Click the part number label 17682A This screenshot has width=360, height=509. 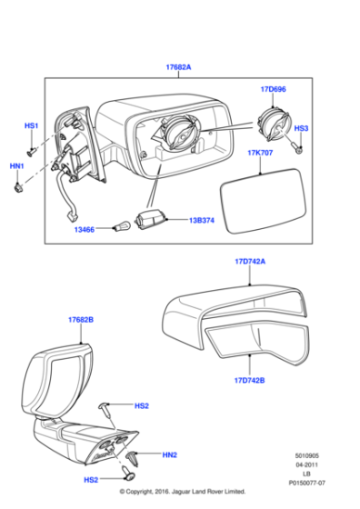click(178, 67)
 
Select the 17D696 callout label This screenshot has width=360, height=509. click(273, 90)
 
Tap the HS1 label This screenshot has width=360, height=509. click(31, 126)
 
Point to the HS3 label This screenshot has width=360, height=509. click(301, 129)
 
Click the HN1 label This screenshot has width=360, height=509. click(17, 166)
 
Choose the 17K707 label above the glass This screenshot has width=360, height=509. click(262, 155)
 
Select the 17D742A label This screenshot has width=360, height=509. click(250, 262)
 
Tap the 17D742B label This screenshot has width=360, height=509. click(249, 380)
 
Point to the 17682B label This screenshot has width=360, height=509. click(81, 321)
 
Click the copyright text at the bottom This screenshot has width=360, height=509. click(182, 491)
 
